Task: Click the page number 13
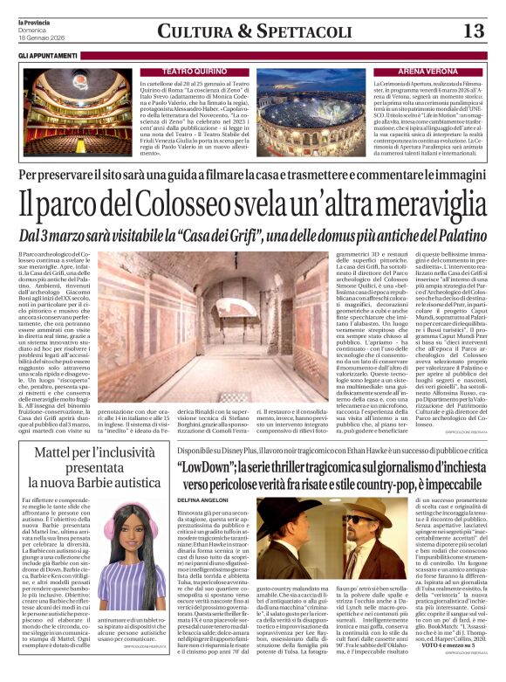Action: [475, 31]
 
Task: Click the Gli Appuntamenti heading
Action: [47, 55]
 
